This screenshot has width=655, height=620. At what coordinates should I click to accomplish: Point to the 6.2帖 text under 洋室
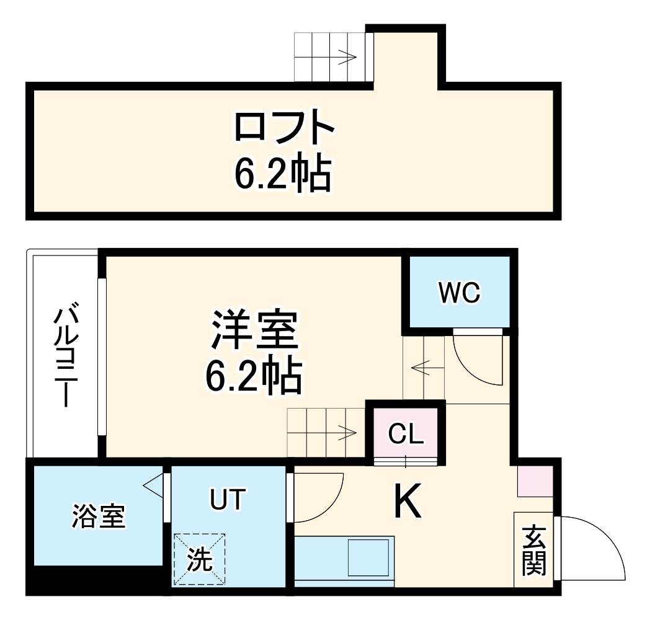(254, 375)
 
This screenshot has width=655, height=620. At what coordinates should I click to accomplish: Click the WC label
(460, 293)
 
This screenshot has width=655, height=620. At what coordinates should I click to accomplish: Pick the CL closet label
(406, 434)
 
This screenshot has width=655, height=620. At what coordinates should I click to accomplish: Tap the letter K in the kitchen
(408, 501)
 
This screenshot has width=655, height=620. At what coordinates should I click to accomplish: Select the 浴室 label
(99, 516)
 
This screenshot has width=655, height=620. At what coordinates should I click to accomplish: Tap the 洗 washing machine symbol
(199, 560)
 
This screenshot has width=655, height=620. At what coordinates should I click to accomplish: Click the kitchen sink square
(368, 557)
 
